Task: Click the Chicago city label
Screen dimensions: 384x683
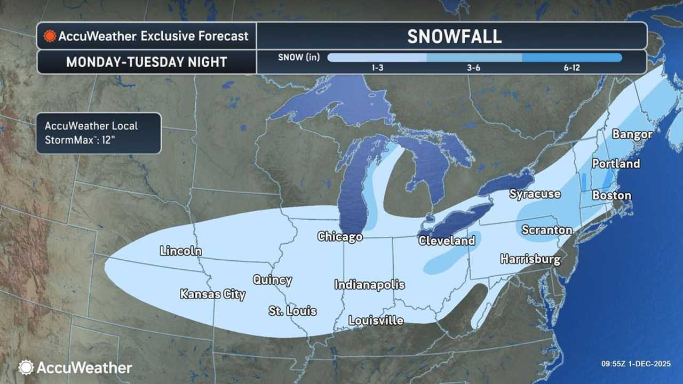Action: pyautogui.click(x=340, y=236)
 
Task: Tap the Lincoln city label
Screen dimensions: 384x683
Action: pyautogui.click(x=181, y=251)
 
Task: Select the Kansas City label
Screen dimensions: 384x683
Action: pyautogui.click(x=212, y=294)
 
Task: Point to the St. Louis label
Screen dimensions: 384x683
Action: pyautogui.click(x=292, y=311)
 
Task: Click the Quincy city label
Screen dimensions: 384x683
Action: pyautogui.click(x=272, y=279)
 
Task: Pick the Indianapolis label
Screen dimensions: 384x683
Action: pyautogui.click(x=369, y=285)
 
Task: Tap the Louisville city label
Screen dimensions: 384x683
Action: pyautogui.click(x=376, y=320)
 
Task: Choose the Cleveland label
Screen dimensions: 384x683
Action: pyautogui.click(x=447, y=241)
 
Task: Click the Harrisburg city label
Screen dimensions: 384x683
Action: pyautogui.click(x=530, y=259)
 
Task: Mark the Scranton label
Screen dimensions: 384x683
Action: pyautogui.click(x=547, y=230)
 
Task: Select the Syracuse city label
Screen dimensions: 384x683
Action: pyautogui.click(x=535, y=194)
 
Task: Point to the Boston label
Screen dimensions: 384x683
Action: pyautogui.click(x=611, y=195)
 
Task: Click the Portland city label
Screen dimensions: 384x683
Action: pyautogui.click(x=616, y=163)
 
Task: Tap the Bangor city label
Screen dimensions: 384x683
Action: pyautogui.click(x=632, y=134)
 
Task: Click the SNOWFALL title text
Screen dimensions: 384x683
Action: pyautogui.click(x=454, y=36)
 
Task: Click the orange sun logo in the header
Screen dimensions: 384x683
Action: pyautogui.click(x=50, y=36)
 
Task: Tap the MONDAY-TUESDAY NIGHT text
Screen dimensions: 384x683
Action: pyautogui.click(x=147, y=62)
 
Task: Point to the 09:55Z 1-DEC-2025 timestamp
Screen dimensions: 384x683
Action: pyautogui.click(x=636, y=364)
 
